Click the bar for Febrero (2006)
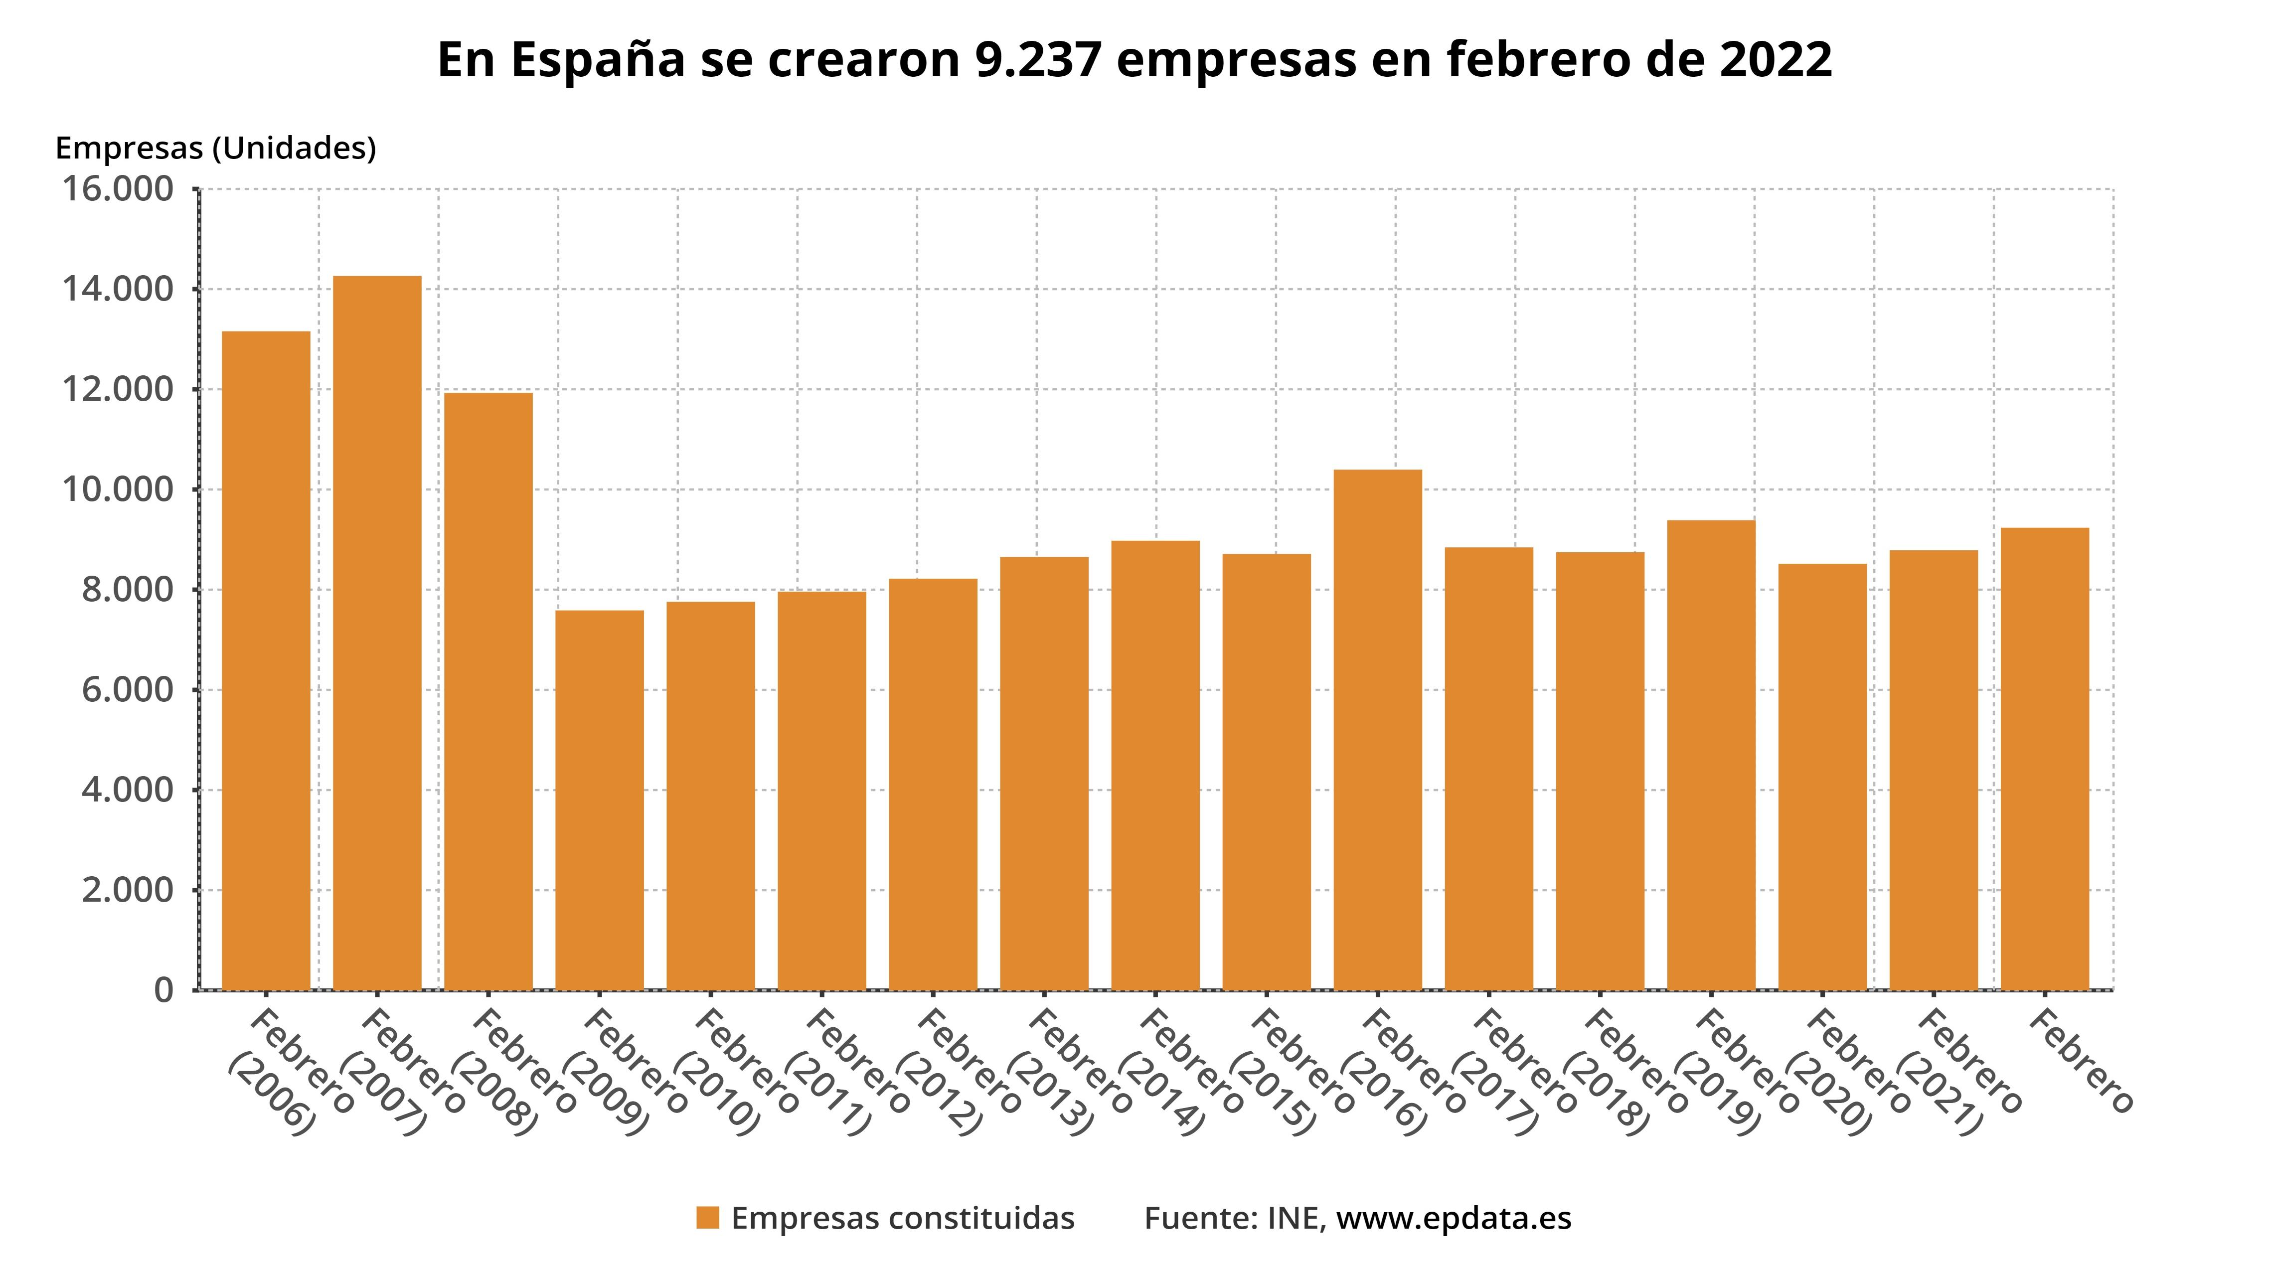coord(266,660)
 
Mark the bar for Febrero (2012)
coord(933,784)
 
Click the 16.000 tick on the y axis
coord(117,189)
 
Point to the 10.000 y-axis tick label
coord(117,489)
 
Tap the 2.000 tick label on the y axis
coord(128,890)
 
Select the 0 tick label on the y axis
coord(164,991)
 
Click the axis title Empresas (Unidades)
coord(216,148)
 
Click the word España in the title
coord(596,60)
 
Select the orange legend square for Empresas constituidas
coord(707,1218)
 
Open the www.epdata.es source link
coord(1454,1218)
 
